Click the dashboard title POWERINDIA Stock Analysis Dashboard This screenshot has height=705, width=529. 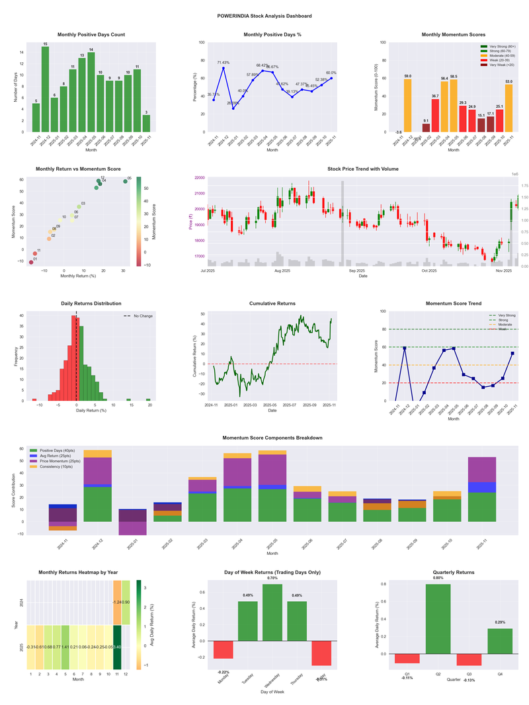[x=264, y=15]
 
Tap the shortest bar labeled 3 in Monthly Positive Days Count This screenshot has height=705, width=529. [x=146, y=124]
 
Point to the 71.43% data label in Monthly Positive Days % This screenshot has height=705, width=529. [x=224, y=62]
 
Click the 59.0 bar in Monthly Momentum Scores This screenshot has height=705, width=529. [x=408, y=106]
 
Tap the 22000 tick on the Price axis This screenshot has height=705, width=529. [x=198, y=178]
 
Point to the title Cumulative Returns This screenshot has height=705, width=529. [x=272, y=304]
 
